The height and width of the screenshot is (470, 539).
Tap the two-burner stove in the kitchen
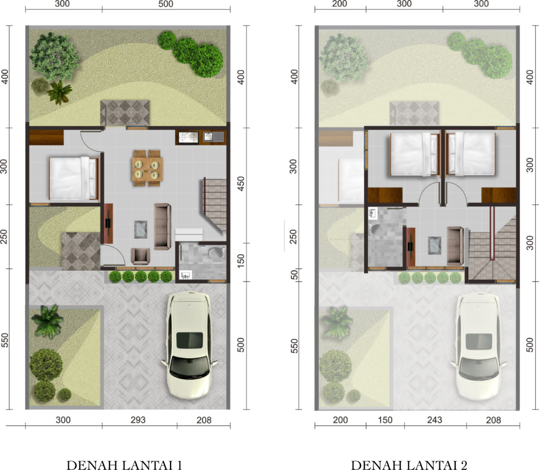point(188,138)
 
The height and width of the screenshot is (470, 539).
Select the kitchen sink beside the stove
point(213,137)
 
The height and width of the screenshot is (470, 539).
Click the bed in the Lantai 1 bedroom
point(73,178)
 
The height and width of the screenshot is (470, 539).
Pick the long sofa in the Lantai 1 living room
point(162,226)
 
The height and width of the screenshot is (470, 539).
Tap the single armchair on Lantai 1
point(140,256)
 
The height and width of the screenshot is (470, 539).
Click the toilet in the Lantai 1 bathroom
point(216,253)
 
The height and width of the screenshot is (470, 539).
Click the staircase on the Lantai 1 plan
point(214,205)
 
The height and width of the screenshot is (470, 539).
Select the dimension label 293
point(138,420)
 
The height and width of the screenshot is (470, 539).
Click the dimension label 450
point(241,184)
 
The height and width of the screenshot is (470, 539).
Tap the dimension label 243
point(434,420)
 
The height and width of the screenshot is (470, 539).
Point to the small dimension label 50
point(294,275)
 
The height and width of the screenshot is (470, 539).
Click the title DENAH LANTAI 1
point(124,465)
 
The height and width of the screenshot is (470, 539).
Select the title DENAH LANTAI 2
point(409,465)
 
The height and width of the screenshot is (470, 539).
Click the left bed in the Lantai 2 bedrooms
point(415,154)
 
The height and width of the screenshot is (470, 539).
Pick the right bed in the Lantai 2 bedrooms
point(471,154)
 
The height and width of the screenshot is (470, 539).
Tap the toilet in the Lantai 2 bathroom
point(376,229)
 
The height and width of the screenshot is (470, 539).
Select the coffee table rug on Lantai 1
point(140,229)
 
